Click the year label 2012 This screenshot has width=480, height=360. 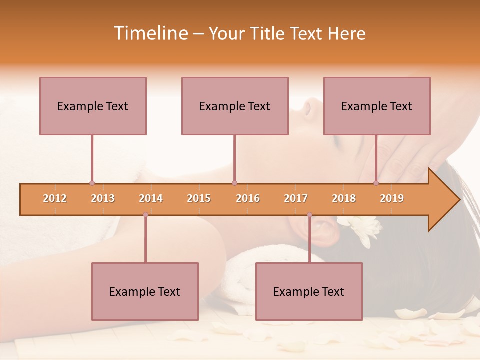[55, 198]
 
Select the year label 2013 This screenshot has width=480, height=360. [103, 198]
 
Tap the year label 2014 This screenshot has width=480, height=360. [151, 198]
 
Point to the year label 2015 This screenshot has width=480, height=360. [199, 198]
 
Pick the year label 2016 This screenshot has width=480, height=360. [248, 198]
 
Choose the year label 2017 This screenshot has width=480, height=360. [296, 198]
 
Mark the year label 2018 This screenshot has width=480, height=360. [344, 198]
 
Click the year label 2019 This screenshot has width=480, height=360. [392, 198]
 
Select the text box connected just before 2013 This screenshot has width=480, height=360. [93, 106]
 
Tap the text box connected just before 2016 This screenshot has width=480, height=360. [235, 106]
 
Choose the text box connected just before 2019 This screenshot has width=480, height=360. [377, 106]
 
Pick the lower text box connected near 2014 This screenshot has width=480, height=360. [145, 291]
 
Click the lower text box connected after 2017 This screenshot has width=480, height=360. [309, 291]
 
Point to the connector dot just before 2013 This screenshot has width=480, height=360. [92, 183]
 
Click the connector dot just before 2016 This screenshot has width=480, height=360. [234, 183]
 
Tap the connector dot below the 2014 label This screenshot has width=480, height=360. [145, 215]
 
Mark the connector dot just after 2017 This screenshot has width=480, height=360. [309, 215]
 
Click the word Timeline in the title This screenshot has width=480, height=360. [150, 33]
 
